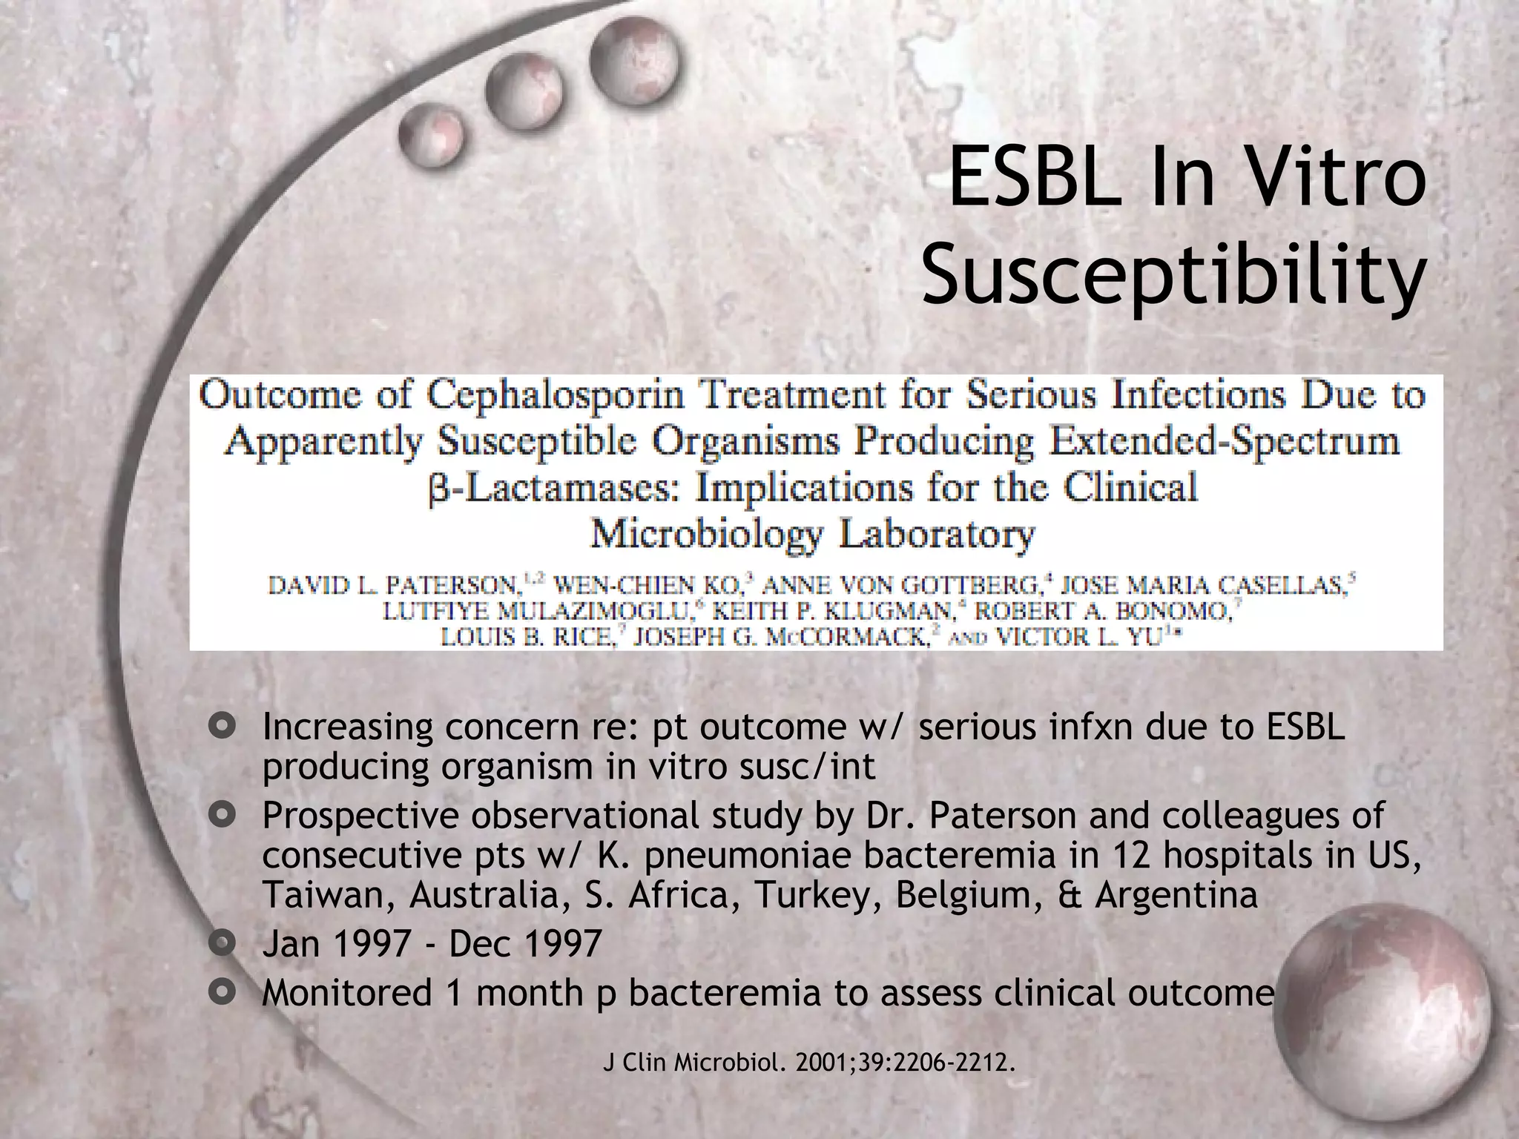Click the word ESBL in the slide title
click(x=1035, y=180)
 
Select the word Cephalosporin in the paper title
click(x=555, y=396)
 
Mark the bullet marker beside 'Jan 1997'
click(x=222, y=944)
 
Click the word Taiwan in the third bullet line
click(x=329, y=895)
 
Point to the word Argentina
click(x=1176, y=895)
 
